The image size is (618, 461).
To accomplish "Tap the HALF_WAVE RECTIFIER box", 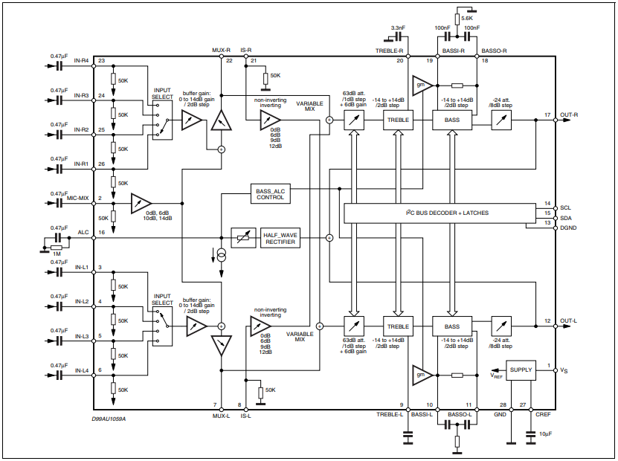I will coord(280,238).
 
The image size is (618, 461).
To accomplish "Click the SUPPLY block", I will coord(521,370).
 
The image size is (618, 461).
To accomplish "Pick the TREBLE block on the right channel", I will coord(398,120).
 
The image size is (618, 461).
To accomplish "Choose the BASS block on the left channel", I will coord(452,326).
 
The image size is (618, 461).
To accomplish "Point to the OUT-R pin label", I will coord(570,114).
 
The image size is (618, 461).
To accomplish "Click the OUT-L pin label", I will coord(569,320).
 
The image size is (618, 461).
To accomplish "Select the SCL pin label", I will coord(565,207).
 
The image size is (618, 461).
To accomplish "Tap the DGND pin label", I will coord(568,228).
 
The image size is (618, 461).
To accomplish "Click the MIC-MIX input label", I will coord(77,199).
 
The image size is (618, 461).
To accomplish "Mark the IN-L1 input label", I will coord(81,266).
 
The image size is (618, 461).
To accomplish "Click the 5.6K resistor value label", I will coord(467,17).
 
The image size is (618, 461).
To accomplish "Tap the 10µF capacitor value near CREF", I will coord(544,433).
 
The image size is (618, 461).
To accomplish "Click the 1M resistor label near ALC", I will coord(57,255).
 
